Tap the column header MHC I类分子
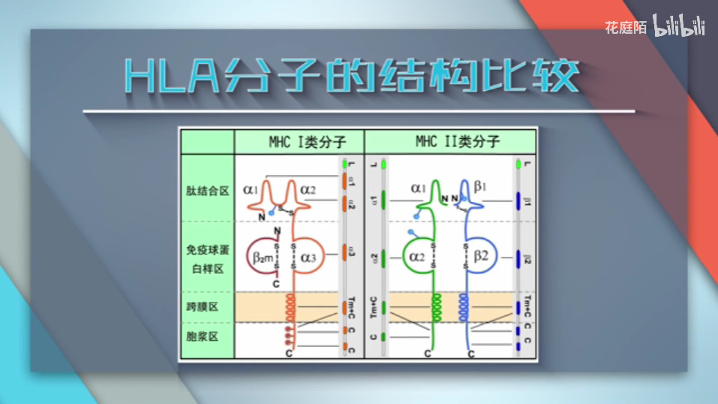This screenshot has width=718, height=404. click(x=300, y=141)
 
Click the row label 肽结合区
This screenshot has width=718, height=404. click(x=206, y=191)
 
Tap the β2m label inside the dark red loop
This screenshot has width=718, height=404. click(x=263, y=258)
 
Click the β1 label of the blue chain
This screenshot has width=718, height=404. click(x=481, y=185)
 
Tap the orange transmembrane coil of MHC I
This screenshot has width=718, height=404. click(x=290, y=307)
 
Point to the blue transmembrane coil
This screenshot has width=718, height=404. click(x=464, y=307)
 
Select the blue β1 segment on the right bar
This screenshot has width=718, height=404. click(x=518, y=200)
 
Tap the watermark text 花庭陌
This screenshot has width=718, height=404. click(x=626, y=27)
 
